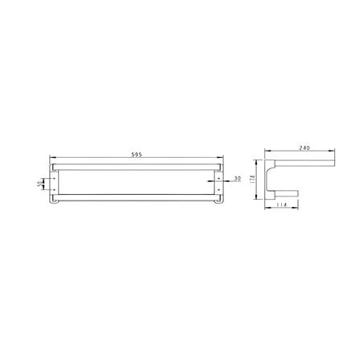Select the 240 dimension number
304,148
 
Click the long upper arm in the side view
302,165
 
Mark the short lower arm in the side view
288,193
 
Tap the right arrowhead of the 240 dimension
334,152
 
